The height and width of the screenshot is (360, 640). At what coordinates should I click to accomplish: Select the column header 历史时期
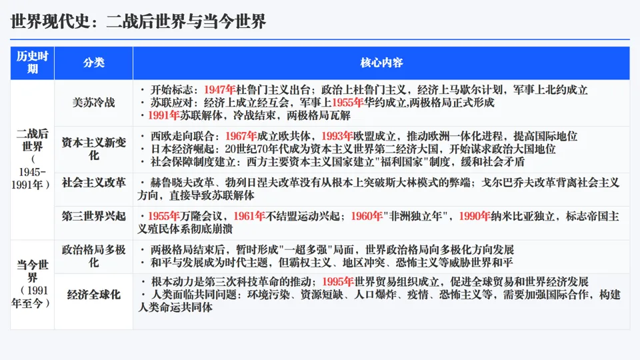pos(32,63)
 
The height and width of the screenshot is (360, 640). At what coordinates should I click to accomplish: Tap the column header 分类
pos(94,63)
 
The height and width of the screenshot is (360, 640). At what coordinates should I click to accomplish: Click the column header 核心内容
pos(381,63)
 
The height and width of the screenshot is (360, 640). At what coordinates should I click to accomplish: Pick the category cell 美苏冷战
pos(94,103)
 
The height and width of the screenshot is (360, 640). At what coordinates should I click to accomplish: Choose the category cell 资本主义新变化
pos(94,149)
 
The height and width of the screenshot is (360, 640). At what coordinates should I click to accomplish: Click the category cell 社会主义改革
pos(94,182)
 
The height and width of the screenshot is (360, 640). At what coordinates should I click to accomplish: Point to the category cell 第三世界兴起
pos(94,216)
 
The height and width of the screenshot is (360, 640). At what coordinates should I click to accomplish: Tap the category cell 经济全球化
pos(94,294)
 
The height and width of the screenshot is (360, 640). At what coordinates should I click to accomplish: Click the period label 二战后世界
pos(32,140)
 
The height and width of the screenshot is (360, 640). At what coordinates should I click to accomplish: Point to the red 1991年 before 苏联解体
pos(164,115)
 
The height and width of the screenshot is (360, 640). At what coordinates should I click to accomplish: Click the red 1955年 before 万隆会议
pos(164,216)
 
